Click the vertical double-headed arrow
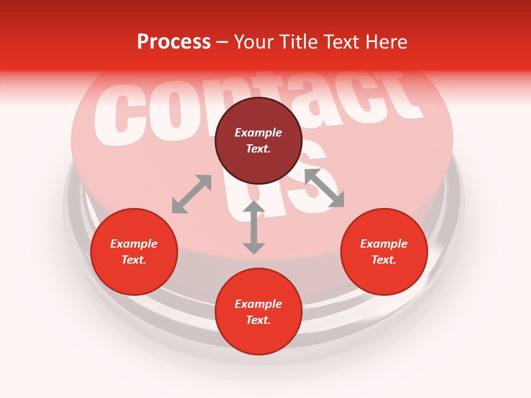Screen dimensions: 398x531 [254, 227]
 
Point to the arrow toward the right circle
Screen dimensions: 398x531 [324, 188]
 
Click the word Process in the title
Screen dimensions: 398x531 [174, 42]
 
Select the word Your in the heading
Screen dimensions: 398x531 [253, 42]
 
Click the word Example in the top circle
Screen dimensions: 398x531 [258, 133]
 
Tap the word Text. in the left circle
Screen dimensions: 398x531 [134, 260]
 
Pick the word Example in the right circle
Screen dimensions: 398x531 [384, 244]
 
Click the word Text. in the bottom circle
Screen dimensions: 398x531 [258, 320]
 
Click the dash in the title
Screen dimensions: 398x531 [222, 42]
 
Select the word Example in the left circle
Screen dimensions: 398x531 [134, 244]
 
